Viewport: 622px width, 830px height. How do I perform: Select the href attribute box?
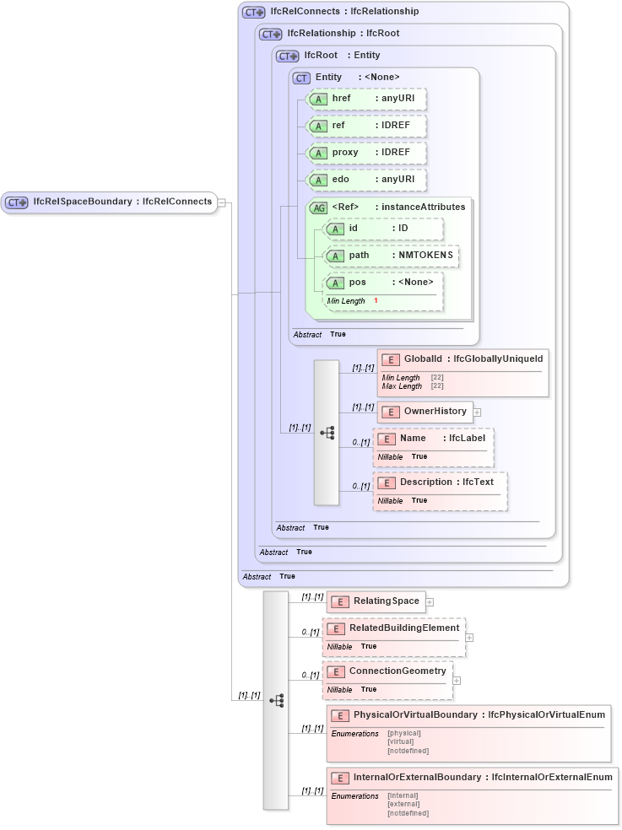tap(365, 99)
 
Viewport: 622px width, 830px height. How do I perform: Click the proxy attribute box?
tap(365, 153)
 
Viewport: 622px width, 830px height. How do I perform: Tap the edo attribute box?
tap(365, 180)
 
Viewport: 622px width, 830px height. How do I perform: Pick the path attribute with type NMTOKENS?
tap(391, 255)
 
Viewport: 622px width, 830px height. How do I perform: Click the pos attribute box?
tap(383, 283)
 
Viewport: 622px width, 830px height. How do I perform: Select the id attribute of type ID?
tap(383, 229)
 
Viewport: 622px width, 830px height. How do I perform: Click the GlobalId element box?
tap(462, 359)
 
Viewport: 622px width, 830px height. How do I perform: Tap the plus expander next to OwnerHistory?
tap(478, 412)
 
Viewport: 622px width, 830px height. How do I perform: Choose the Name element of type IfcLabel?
tap(433, 439)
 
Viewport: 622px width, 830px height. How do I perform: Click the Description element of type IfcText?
tap(439, 482)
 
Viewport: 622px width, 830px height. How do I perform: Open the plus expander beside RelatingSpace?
tap(430, 602)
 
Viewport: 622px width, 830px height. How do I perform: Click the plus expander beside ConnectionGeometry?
tap(457, 680)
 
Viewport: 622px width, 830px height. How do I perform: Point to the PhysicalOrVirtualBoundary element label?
tap(414, 715)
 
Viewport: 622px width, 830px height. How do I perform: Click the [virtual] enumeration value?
tap(401, 741)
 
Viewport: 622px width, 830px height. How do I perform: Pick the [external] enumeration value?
tap(403, 804)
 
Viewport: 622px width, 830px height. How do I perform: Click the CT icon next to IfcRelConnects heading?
tap(253, 13)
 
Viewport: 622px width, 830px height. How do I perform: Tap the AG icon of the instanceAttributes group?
tap(319, 207)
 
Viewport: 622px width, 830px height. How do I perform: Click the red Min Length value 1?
tap(376, 301)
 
